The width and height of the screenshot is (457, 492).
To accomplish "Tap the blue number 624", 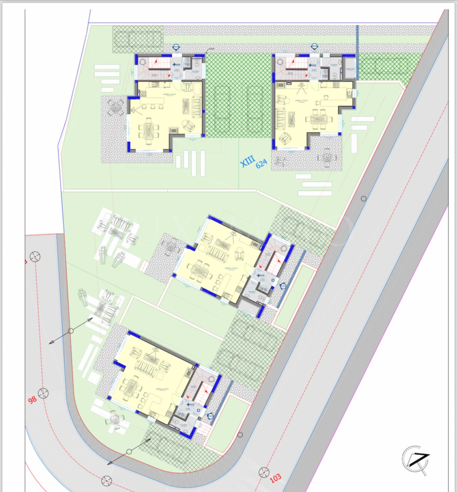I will coord(261,164).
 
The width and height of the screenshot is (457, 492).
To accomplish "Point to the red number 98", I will coord(32,399).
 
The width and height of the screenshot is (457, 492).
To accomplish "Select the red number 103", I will coord(275,478).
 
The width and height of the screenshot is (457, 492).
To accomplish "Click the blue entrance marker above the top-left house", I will coord(176,47).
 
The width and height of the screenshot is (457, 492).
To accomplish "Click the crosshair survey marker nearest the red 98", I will coord(43,393).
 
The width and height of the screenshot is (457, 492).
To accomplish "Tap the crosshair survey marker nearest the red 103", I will coord(264,472).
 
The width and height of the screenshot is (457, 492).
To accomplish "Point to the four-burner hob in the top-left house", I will coord(142,93).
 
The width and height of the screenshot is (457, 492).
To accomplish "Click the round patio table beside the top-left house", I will coord(115,108).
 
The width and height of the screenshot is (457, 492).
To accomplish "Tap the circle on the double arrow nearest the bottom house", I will coord(129,452).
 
